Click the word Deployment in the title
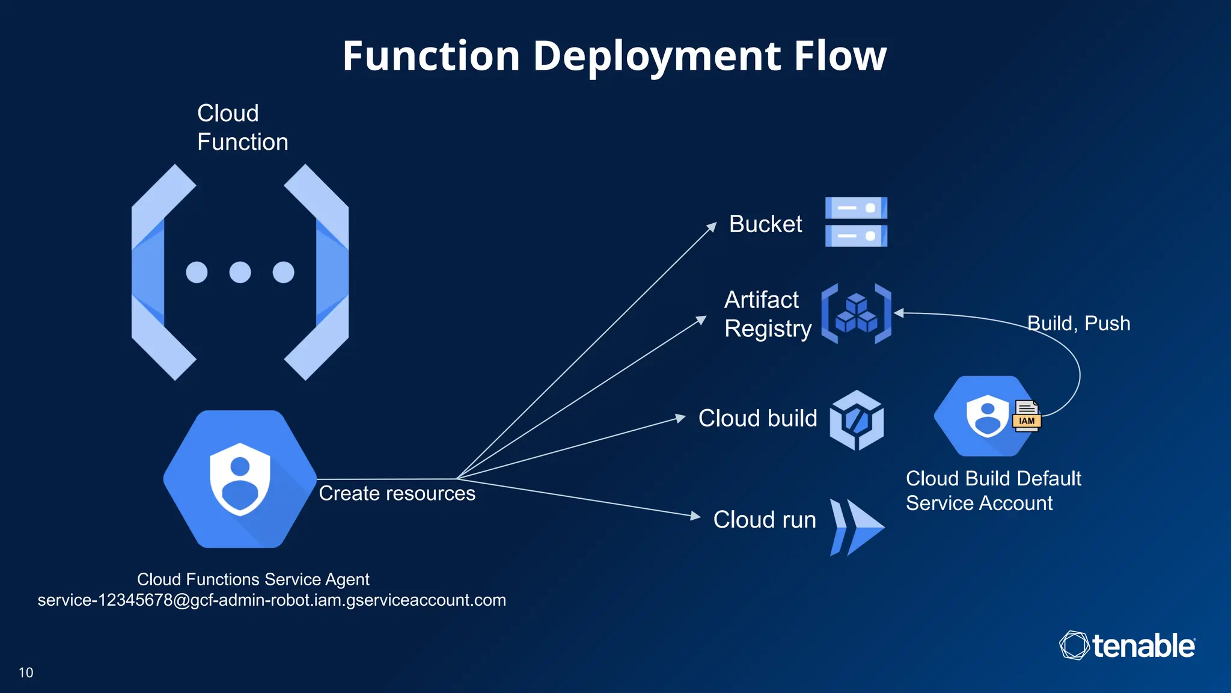(657, 56)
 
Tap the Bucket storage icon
(856, 222)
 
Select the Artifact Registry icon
(856, 313)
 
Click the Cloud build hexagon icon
(857, 420)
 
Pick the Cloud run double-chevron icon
(857, 527)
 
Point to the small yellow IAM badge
(1027, 420)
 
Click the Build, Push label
(1078, 324)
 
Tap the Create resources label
(397, 493)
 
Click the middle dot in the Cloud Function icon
(240, 272)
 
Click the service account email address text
(272, 600)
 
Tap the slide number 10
(26, 673)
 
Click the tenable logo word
(1143, 646)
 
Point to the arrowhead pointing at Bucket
(712, 227)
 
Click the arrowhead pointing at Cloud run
(695, 516)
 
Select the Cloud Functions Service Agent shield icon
(240, 479)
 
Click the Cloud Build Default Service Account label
(993, 491)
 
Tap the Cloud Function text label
(242, 128)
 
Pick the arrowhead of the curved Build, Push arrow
(899, 313)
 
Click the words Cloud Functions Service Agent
(253, 579)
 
